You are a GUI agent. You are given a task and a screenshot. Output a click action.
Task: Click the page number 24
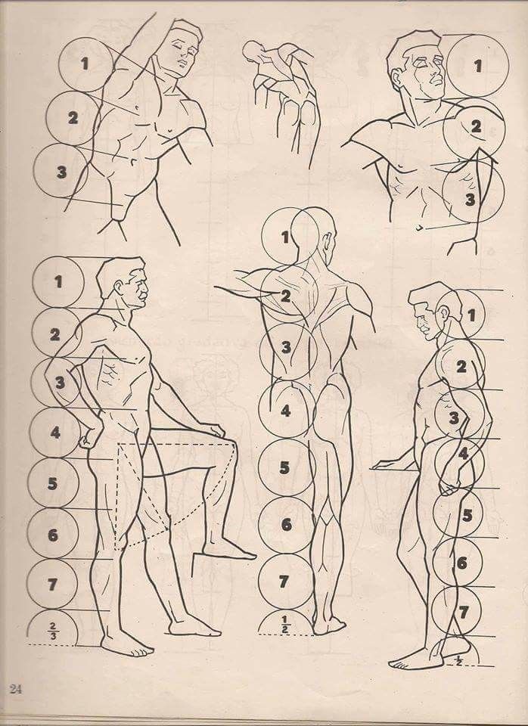[15, 688]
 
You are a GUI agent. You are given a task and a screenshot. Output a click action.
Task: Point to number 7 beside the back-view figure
[284, 582]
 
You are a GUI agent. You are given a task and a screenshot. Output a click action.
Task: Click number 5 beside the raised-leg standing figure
[52, 484]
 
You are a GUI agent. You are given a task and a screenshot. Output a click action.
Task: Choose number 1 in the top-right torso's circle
[477, 67]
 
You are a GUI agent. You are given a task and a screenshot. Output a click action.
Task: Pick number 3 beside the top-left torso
[61, 172]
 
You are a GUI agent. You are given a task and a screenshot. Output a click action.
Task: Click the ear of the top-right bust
[396, 79]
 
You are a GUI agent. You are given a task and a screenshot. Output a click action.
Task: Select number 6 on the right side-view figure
[461, 563]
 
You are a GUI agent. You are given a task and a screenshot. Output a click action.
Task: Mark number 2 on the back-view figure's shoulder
[285, 296]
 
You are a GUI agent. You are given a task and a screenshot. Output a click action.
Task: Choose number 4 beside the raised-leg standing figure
[55, 433]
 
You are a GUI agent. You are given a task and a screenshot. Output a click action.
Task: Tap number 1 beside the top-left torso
[84, 64]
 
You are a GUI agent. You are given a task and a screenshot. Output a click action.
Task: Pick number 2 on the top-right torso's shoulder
[476, 126]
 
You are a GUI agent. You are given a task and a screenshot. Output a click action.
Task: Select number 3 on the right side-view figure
[454, 418]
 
